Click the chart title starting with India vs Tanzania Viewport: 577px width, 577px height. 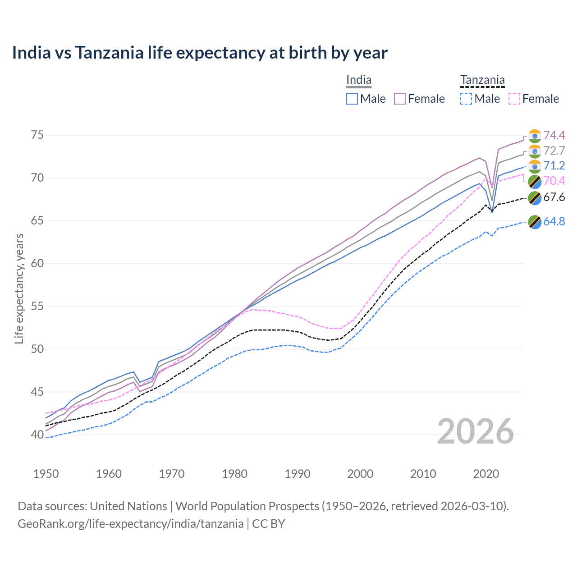[x=199, y=53]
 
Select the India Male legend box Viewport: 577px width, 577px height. [x=352, y=99]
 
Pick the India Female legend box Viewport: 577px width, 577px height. [x=400, y=99]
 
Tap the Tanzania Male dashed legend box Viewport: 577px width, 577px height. [x=466, y=99]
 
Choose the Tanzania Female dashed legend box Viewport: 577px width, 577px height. [x=514, y=99]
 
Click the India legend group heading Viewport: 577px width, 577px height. [x=358, y=80]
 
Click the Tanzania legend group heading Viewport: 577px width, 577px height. [x=482, y=80]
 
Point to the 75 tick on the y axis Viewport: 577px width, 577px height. [x=38, y=135]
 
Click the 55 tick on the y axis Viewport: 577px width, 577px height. [x=38, y=307]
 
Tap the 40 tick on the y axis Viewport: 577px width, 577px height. [x=38, y=435]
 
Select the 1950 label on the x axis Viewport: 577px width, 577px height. [x=46, y=474]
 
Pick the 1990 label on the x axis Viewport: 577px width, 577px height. [x=298, y=474]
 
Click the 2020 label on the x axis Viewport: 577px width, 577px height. [x=486, y=474]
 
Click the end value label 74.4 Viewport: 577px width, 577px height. [x=554, y=136]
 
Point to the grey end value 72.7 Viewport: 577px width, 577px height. [x=554, y=151]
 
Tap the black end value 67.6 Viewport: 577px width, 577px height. [x=554, y=197]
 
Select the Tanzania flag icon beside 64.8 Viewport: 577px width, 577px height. [x=535, y=222]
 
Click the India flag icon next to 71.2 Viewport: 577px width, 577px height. [x=535, y=166]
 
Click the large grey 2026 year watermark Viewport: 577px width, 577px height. [x=476, y=431]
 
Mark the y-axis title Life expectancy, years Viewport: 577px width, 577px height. [x=19, y=288]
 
